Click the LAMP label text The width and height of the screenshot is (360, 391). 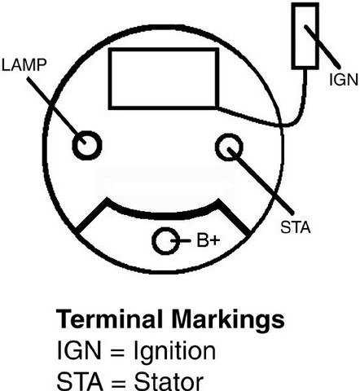pos(24,65)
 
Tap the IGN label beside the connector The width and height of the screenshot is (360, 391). pos(344,80)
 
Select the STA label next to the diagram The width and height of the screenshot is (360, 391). pos(296,227)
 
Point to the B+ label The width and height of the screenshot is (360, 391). pos(208,240)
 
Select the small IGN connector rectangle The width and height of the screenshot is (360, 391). pos(293,35)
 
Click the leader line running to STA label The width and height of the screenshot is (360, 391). pos(261,181)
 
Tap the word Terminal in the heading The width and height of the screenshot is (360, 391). pos(109,319)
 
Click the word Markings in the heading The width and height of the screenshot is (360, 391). pos(228,320)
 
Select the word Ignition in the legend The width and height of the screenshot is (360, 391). pos(175,352)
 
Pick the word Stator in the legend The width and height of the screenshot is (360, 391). pos(169,381)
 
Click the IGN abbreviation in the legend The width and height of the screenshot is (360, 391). pos(79,350)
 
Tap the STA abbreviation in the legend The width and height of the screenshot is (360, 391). pos(80,381)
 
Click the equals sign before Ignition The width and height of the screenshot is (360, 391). pos(117,352)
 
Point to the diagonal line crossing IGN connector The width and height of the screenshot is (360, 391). pos(322,46)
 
